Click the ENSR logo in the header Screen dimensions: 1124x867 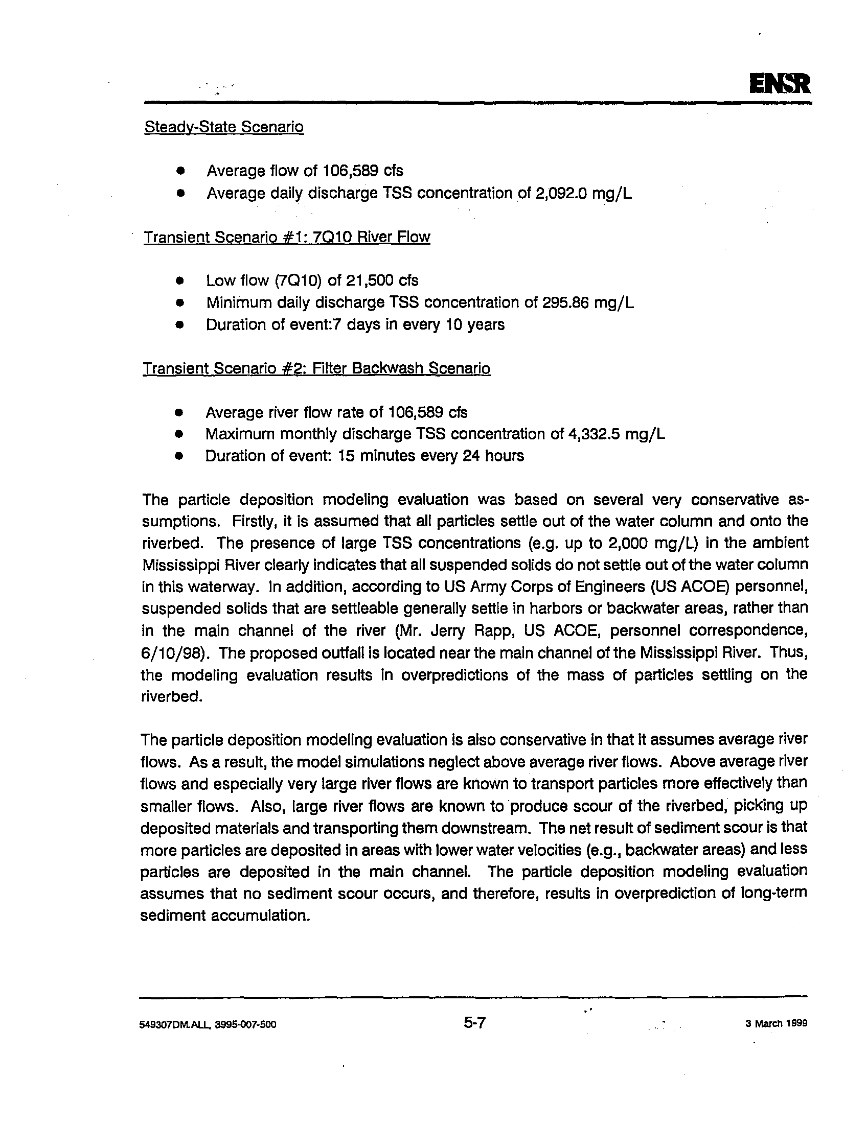point(780,84)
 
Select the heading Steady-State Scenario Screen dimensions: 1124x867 point(224,127)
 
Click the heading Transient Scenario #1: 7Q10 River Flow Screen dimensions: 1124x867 point(287,237)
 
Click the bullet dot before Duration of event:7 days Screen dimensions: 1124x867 point(179,325)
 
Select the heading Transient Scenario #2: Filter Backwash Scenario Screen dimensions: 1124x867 point(316,368)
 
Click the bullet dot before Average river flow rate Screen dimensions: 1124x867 point(179,413)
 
